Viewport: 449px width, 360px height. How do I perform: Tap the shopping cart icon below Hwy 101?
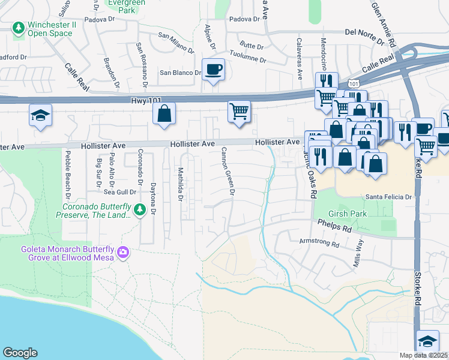pos(239,111)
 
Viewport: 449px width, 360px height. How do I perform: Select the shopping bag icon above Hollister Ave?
pos(164,113)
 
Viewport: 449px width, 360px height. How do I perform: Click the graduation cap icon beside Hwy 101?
pos(41,115)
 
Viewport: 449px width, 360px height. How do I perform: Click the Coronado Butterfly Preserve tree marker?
pos(140,209)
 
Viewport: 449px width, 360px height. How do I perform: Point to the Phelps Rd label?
pos(334,226)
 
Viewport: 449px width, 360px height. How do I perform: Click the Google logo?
pos(20,353)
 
